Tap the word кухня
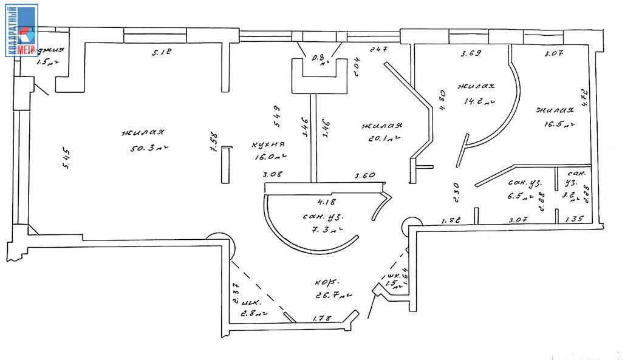click(x=268, y=144)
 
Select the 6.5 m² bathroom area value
click(x=519, y=196)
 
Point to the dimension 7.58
click(x=214, y=145)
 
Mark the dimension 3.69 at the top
click(x=471, y=54)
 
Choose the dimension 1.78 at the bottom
click(x=321, y=318)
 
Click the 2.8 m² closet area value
click(x=255, y=314)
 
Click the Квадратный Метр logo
click(x=22, y=30)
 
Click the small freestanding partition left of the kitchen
click(x=225, y=165)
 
